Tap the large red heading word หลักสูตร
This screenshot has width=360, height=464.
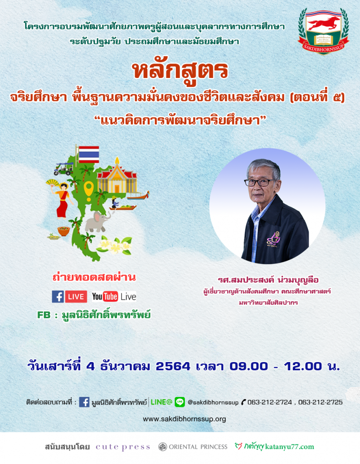click(180, 71)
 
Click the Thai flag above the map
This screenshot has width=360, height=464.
click(89, 154)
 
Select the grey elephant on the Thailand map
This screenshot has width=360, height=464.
click(97, 221)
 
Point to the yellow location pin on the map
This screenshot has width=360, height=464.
click(88, 191)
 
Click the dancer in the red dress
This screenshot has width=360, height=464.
click(62, 199)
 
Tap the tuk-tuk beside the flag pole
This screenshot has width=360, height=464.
click(63, 169)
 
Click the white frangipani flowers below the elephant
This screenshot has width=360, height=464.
click(115, 245)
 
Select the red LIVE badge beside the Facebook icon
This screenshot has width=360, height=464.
click(76, 296)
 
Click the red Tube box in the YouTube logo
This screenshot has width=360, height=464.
click(111, 296)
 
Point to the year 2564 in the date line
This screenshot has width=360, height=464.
click(173, 366)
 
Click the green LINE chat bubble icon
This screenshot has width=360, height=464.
click(180, 402)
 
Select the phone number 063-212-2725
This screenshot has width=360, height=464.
click(321, 402)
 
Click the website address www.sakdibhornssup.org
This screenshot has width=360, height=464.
click(185, 419)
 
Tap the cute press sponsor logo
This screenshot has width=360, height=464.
click(123, 447)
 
